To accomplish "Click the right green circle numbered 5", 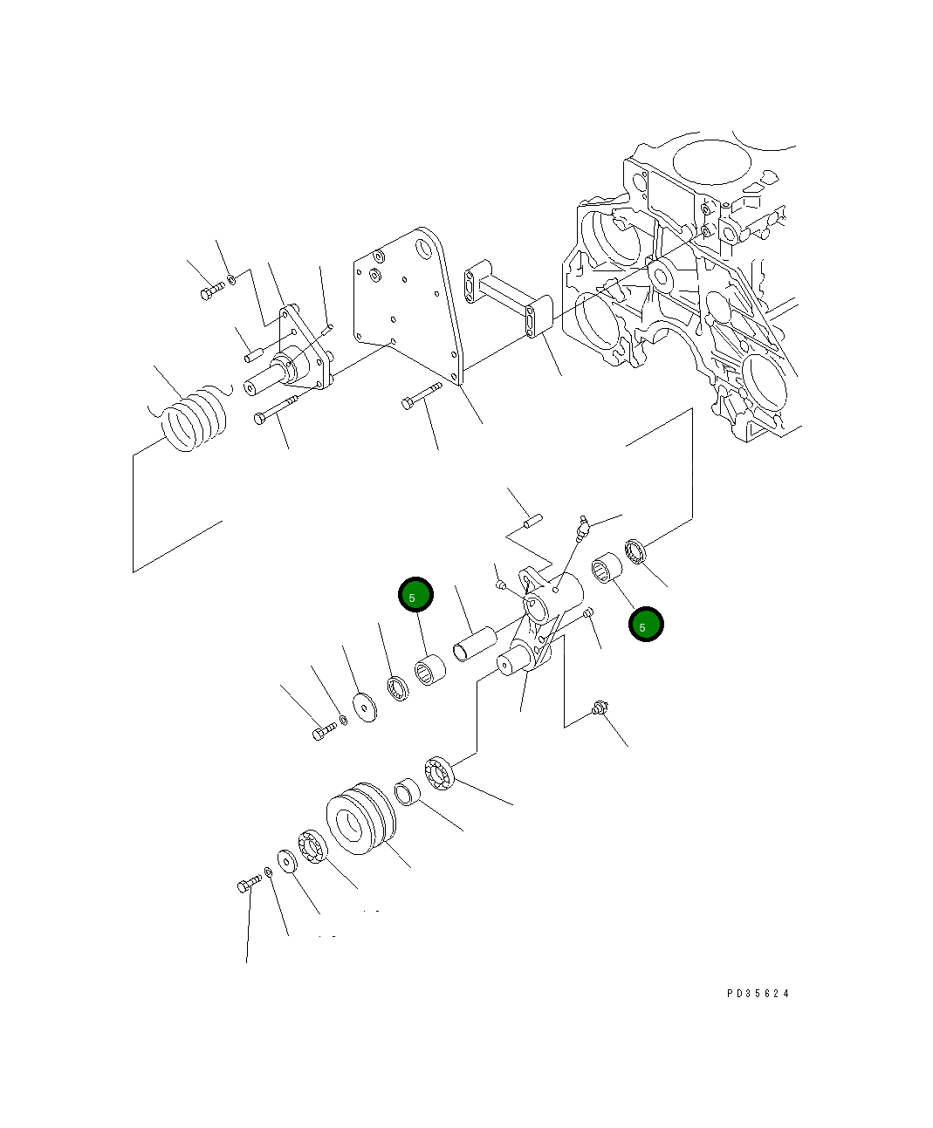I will (646, 625).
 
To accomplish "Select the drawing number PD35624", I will (758, 993).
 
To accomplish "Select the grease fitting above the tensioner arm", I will (583, 527).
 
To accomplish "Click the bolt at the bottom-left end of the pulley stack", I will (247, 885).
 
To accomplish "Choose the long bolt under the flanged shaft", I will (276, 409).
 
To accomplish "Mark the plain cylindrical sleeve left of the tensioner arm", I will (472, 642).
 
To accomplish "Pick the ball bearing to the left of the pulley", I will (312, 850).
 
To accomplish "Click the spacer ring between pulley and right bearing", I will (407, 791).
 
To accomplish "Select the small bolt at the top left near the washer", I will (212, 291).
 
